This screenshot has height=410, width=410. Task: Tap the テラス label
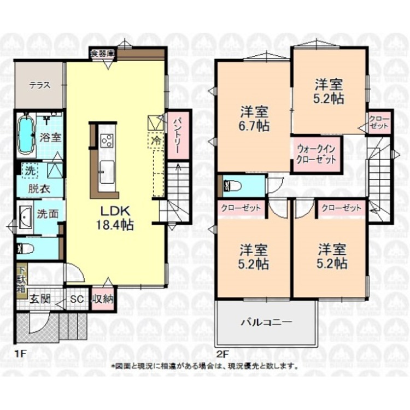[x=40, y=85]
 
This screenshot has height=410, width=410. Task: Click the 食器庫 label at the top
[x=103, y=54]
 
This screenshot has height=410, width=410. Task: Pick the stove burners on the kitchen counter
[x=107, y=140]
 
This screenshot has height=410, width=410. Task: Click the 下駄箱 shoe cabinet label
[x=20, y=278]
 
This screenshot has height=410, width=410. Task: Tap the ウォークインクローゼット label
[x=317, y=154]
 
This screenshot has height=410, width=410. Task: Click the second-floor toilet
[x=232, y=186]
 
